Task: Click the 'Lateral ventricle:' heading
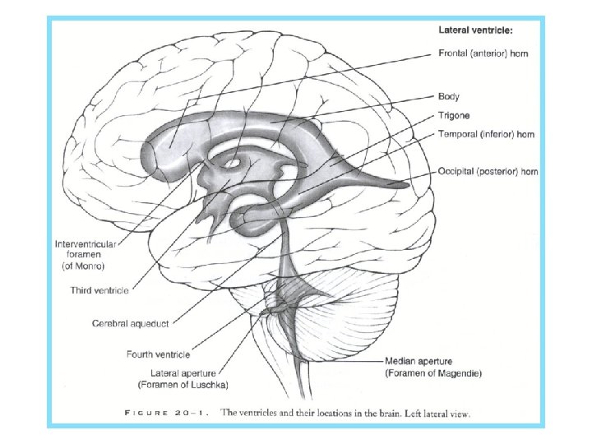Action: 476,30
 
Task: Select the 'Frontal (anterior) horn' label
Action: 482,53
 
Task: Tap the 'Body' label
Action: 449,96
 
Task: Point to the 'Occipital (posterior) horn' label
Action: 488,172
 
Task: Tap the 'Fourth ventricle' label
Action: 158,354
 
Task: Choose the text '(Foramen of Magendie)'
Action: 432,372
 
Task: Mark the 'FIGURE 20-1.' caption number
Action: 164,414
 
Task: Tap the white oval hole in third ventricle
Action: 231,163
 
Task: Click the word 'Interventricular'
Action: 86,244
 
